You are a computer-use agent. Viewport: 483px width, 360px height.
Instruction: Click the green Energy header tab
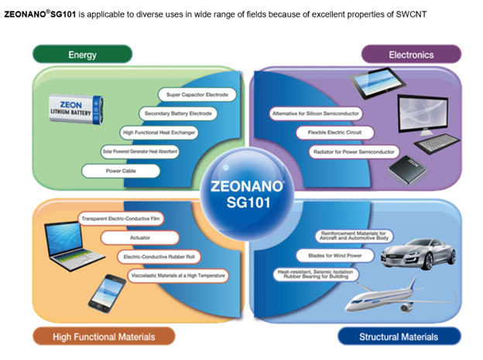click(83, 55)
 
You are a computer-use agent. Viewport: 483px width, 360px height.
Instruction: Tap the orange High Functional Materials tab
click(104, 336)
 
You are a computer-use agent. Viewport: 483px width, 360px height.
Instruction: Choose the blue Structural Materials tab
click(399, 336)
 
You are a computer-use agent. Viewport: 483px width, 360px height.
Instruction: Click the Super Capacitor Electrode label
click(197, 94)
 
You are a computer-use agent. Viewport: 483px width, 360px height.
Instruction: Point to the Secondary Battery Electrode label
click(180, 113)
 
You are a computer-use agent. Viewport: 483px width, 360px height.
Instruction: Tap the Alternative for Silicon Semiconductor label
click(313, 113)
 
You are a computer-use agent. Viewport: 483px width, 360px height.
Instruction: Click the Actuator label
click(141, 237)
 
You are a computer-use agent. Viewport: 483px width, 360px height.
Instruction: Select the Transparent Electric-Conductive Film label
click(127, 218)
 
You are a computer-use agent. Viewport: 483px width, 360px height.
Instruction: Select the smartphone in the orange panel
click(104, 295)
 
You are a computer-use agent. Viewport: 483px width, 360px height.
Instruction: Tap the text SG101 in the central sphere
click(241, 202)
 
